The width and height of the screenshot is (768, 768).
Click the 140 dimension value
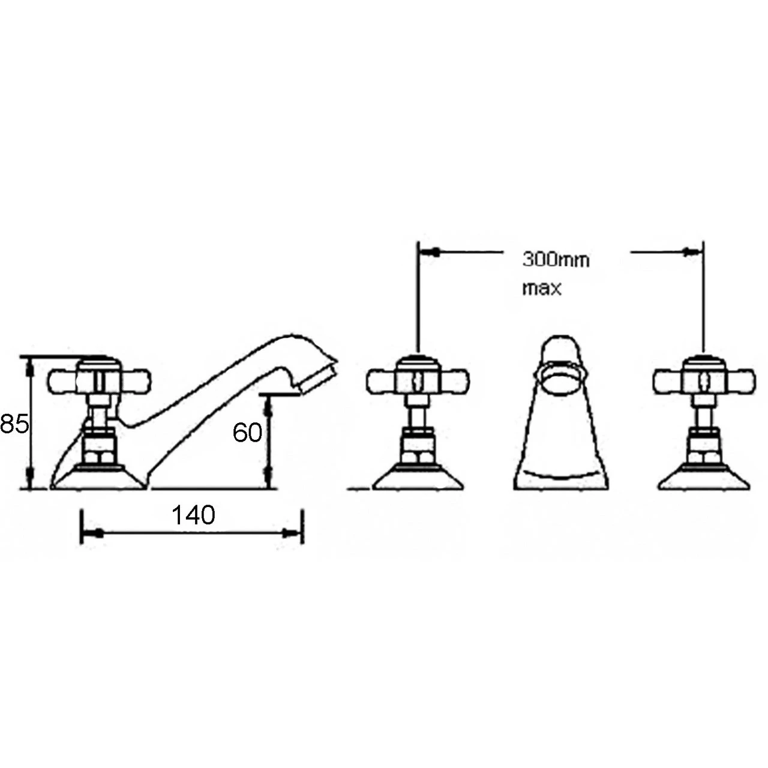pyautogui.click(x=193, y=515)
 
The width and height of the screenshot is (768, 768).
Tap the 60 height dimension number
pyautogui.click(x=247, y=432)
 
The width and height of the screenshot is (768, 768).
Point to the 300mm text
pyautogui.click(x=556, y=260)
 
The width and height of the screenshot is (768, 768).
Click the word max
pyautogui.click(x=542, y=289)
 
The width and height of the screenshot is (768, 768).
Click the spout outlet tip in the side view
pyautogui.click(x=317, y=374)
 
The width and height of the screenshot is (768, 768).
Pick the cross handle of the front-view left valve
pyautogui.click(x=418, y=379)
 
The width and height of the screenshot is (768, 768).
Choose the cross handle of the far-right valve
pyautogui.click(x=703, y=379)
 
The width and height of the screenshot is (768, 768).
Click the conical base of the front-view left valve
pyautogui.click(x=418, y=478)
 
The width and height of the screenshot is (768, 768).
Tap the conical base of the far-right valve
pyautogui.click(x=704, y=478)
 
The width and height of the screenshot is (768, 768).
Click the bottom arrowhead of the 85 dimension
pyautogui.click(x=28, y=480)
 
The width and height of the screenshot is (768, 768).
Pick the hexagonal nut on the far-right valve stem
pyautogui.click(x=703, y=447)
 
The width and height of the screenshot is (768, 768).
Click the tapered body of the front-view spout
pyautogui.click(x=561, y=438)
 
